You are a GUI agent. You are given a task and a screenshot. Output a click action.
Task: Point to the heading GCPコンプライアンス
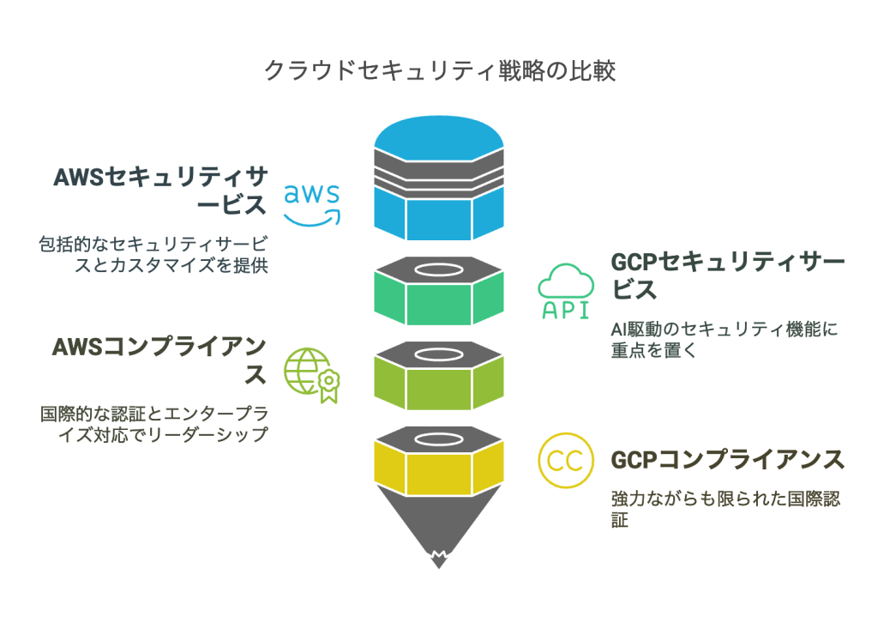click(727, 460)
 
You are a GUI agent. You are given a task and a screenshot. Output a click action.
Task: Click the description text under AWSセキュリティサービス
click(154, 253)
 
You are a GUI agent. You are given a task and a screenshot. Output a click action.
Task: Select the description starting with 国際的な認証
click(154, 423)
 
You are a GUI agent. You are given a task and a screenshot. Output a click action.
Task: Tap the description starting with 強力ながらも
click(725, 509)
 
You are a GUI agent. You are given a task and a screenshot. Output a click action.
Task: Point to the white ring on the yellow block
click(438, 438)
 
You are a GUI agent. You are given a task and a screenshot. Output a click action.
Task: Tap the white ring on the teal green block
click(438, 270)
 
